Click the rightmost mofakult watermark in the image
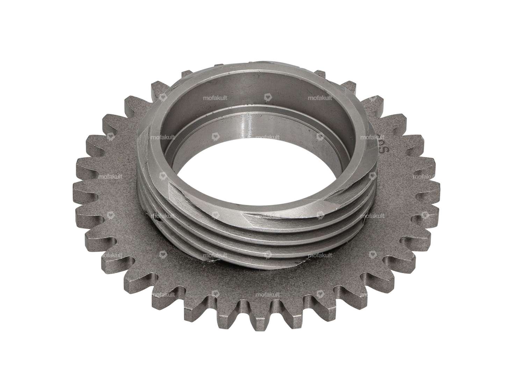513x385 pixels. click(425, 177)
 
